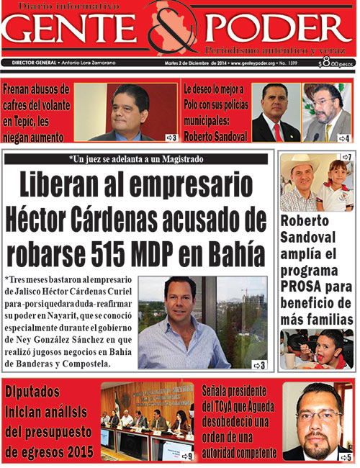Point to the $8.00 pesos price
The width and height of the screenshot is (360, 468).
coord(336,63)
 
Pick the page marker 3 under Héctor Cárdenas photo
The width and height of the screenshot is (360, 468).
coord(261,366)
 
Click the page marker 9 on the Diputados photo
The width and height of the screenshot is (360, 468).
coord(186,455)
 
